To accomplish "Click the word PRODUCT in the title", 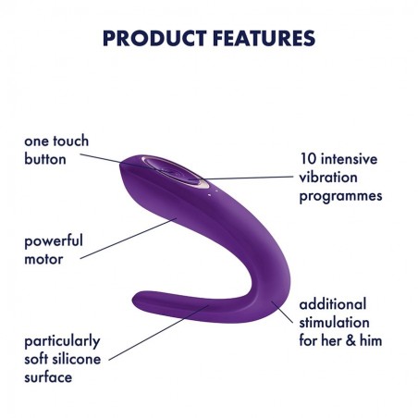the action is point(154,38).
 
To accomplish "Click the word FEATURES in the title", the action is point(264,38).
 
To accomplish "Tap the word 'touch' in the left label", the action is point(70,141).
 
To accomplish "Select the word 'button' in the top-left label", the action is point(45,159).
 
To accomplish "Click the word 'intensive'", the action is point(350,159).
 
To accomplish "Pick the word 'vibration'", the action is point(328,178).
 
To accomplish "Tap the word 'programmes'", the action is point(340,196).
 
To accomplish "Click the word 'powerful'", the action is point(54,241).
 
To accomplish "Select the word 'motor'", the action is point(43,259).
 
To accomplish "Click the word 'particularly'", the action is point(62,341).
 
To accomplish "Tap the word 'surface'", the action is point(48,378).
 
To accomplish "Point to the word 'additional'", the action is point(333,304).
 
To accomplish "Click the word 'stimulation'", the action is point(334,323).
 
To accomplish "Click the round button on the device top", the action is point(173,171).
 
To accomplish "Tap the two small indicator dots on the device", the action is point(213,192).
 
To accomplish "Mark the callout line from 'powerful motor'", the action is point(129,239).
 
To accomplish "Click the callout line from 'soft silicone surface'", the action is point(159,332).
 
